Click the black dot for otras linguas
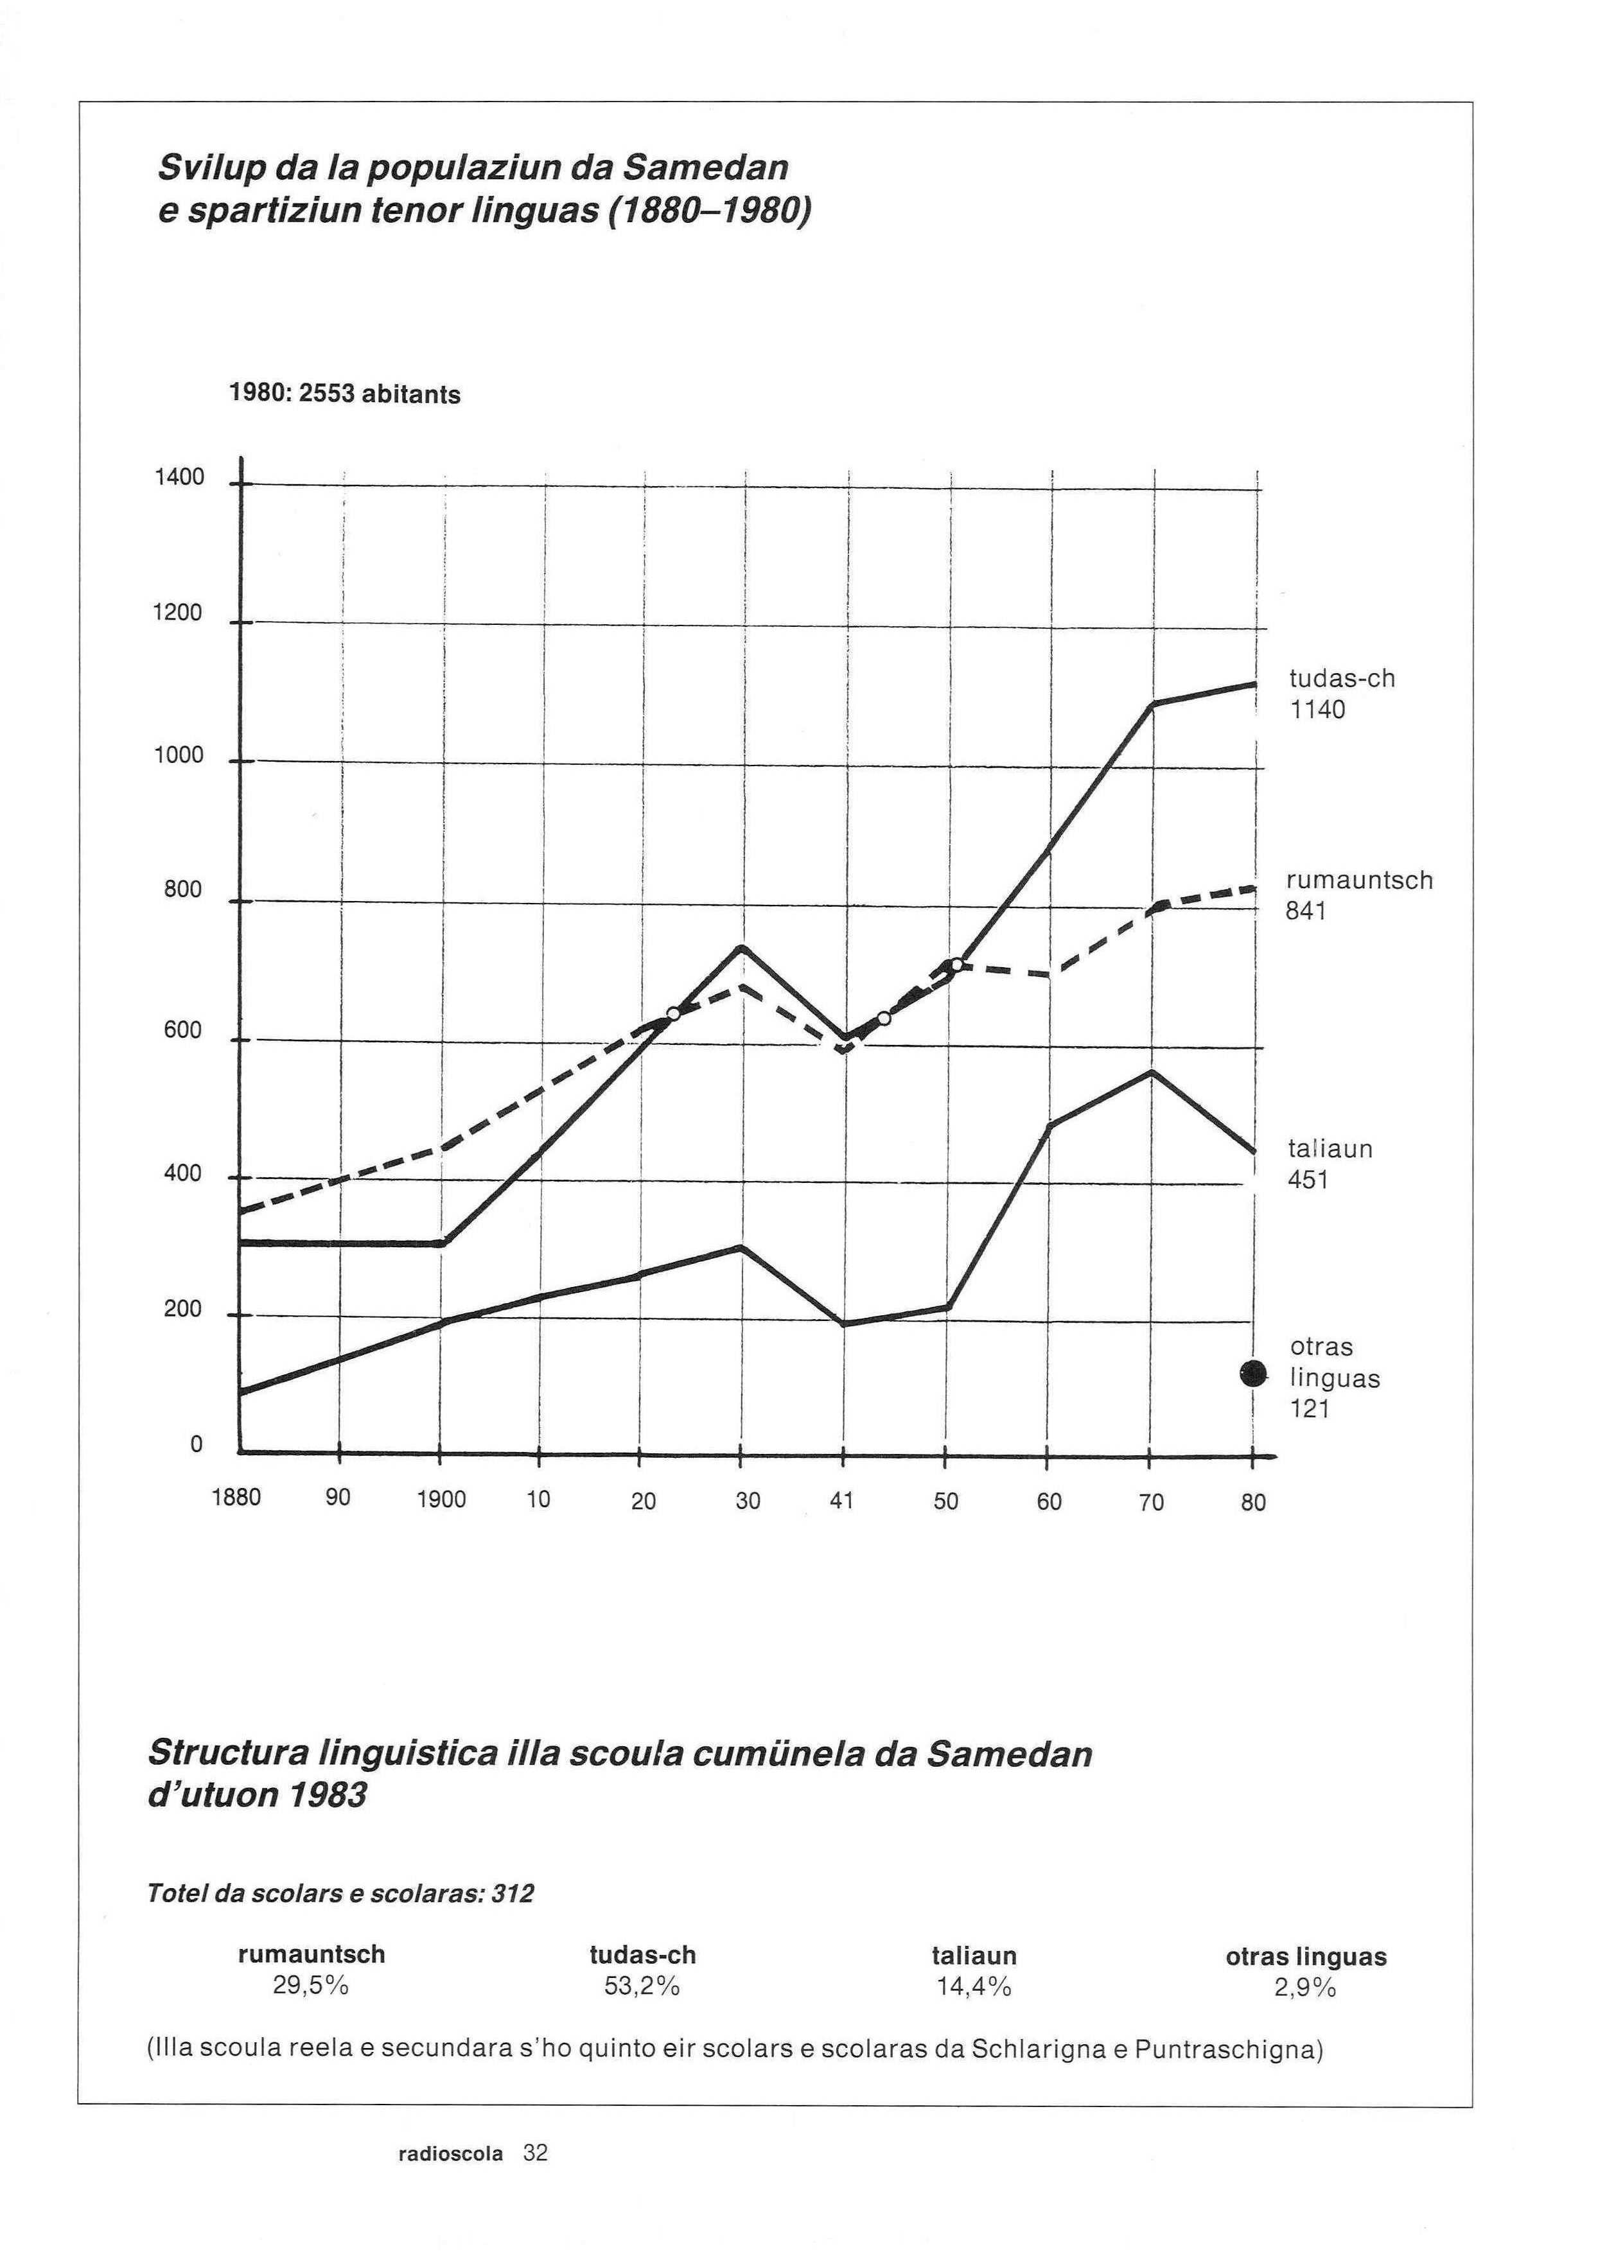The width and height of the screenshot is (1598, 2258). pyautogui.click(x=1252, y=1374)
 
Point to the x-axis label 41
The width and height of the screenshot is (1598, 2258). pyautogui.click(x=841, y=1500)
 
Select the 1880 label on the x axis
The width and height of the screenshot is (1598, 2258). pyautogui.click(x=237, y=1498)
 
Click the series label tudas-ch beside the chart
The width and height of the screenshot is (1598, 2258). pyautogui.click(x=1342, y=679)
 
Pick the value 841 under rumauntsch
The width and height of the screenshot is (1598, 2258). pyautogui.click(x=1307, y=912)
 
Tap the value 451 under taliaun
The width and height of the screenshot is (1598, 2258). pyautogui.click(x=1309, y=1180)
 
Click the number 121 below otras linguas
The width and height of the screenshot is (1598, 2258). pyautogui.click(x=1311, y=1409)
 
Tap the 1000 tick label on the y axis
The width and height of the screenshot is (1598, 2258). pyautogui.click(x=179, y=756)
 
